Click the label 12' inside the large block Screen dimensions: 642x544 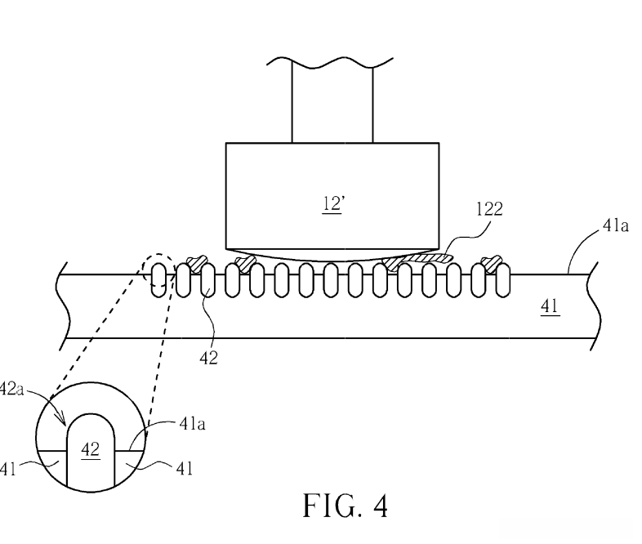click(333, 203)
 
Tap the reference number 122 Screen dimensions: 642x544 click(489, 209)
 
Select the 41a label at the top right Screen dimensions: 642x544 click(615, 225)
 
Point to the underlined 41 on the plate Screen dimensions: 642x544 click(550, 306)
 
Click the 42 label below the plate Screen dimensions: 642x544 click(209, 358)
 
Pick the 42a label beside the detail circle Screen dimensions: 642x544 click(11, 389)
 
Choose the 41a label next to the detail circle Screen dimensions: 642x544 click(193, 424)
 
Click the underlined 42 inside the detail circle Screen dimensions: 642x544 click(91, 450)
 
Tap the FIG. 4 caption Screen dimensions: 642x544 click(345, 506)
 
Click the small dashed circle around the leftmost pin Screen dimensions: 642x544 click(158, 255)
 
